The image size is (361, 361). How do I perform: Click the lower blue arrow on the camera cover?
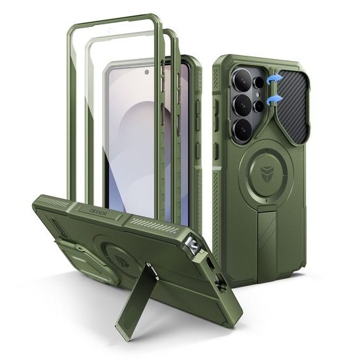276,99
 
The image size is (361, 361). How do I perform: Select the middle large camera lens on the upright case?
243,106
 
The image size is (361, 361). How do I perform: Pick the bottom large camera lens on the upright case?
243,130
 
